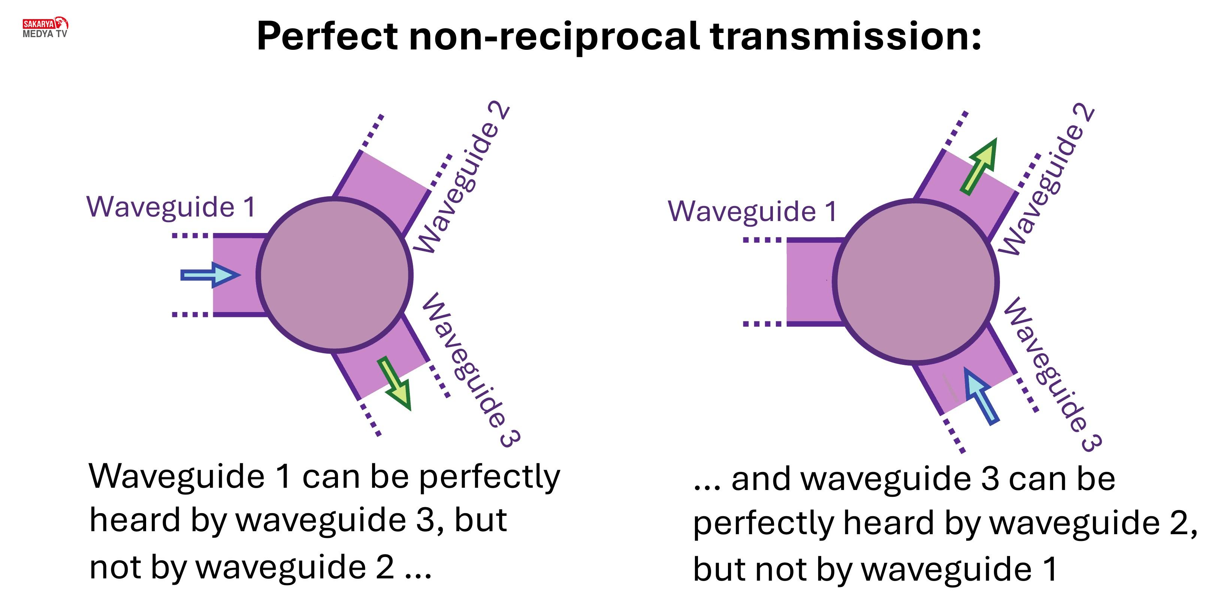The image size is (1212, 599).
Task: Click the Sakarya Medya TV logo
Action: (45, 27)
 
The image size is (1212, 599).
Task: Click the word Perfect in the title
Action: (327, 36)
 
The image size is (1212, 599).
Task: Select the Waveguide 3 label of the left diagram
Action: (471, 370)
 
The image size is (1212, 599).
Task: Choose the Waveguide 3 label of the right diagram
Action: (1052, 375)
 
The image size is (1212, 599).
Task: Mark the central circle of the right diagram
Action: (916, 282)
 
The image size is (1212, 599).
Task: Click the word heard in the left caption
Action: (135, 520)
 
